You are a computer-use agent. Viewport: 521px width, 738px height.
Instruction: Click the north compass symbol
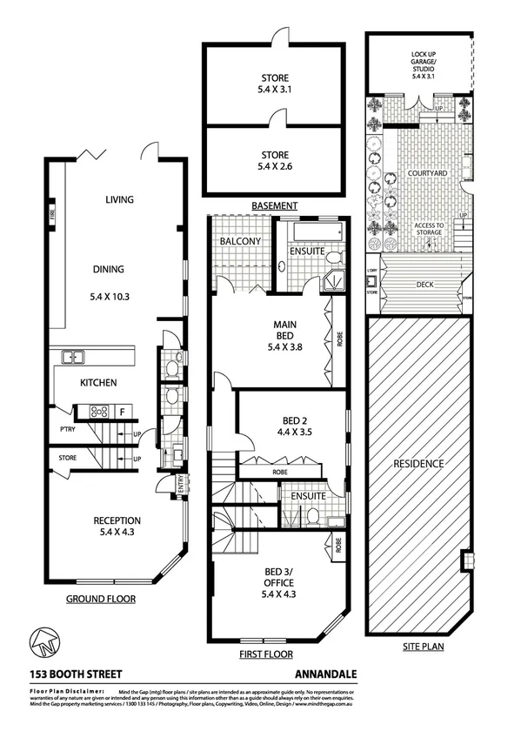43,642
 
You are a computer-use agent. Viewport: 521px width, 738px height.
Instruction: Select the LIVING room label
119,200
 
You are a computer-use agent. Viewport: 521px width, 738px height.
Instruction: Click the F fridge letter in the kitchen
123,412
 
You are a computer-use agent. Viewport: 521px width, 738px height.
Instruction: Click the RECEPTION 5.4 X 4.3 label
117,527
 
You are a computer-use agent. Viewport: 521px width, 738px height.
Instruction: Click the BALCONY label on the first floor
237,240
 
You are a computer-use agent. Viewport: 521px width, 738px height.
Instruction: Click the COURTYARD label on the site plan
427,174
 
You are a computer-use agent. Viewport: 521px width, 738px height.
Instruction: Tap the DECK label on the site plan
424,283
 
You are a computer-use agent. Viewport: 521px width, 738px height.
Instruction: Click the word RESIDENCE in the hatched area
419,463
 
